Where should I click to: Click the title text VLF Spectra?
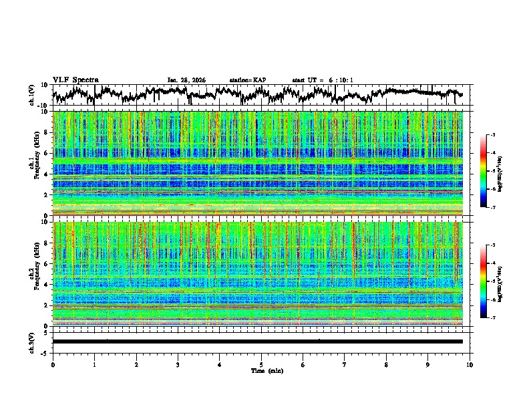click(x=75, y=80)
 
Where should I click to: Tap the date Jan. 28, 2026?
click(x=186, y=80)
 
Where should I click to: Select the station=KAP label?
click(x=247, y=80)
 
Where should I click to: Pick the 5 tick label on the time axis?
click(x=261, y=364)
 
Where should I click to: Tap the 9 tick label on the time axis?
click(x=428, y=364)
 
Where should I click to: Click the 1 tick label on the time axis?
click(x=94, y=364)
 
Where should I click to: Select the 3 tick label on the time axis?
click(x=178, y=364)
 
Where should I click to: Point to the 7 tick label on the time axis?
click(x=345, y=364)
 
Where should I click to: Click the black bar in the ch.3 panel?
click(x=257, y=342)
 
